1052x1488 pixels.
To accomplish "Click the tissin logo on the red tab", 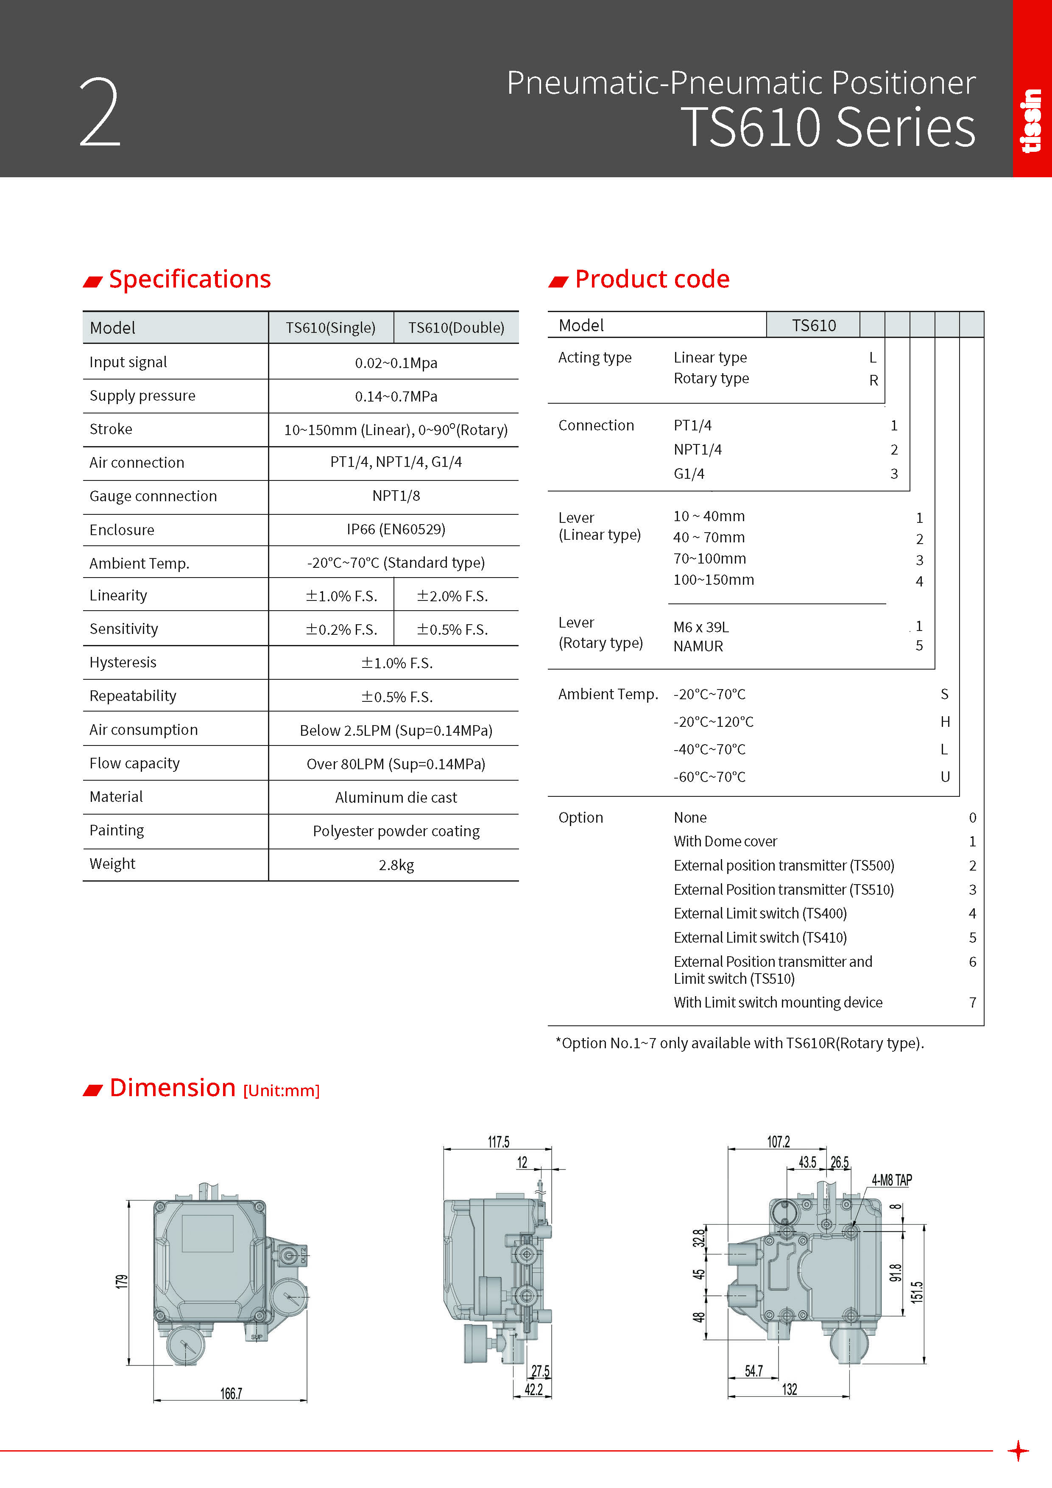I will coord(1031,121).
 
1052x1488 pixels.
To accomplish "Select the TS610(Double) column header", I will coord(456,328).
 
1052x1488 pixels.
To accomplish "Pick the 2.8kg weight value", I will coord(396,865).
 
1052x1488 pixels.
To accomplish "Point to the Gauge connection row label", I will coord(153,497).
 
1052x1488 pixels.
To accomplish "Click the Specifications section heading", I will coord(189,279).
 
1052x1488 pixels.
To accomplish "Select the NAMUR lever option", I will coord(698,646).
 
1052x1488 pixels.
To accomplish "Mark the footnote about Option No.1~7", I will coord(739,1043).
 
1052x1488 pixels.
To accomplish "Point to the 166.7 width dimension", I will coord(231,1393).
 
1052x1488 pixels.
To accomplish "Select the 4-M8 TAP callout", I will coord(891,1180).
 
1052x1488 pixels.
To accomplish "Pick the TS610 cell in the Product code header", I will coord(813,325).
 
